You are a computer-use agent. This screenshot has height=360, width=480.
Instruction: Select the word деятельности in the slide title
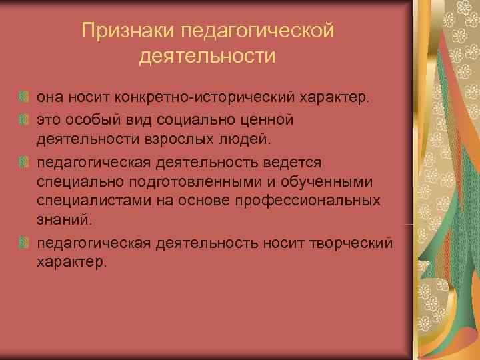(207, 57)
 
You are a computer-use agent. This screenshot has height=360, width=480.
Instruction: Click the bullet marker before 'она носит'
(24, 99)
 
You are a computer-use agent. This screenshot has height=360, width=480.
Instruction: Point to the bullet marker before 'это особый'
(24, 120)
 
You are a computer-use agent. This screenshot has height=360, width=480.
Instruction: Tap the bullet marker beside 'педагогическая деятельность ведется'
(24, 161)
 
